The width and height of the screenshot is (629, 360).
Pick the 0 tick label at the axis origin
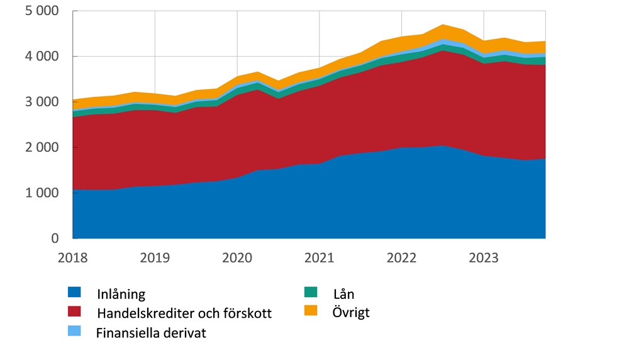click(x=55, y=239)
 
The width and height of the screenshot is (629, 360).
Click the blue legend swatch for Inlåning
click(x=74, y=292)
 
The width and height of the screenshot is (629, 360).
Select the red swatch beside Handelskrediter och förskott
click(x=74, y=312)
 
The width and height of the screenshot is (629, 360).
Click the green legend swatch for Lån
click(x=311, y=292)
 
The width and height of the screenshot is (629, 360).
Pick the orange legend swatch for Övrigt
click(x=311, y=310)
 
